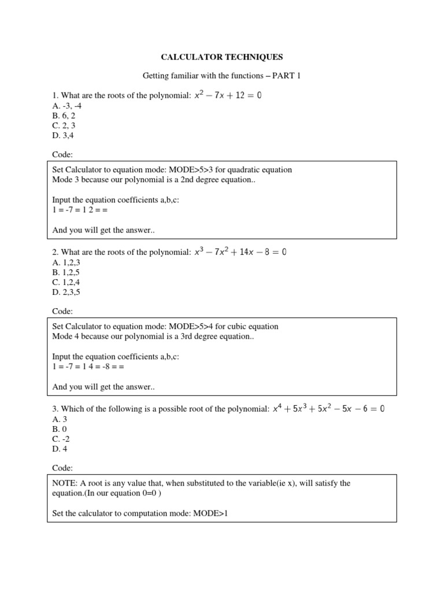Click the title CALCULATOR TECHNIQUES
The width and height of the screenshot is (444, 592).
pyautogui.click(x=222, y=57)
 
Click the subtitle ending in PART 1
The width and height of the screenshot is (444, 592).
pyautogui.click(x=222, y=76)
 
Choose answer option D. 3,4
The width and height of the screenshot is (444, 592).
pyautogui.click(x=63, y=135)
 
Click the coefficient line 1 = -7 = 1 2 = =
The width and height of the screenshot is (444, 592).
pyautogui.click(x=80, y=210)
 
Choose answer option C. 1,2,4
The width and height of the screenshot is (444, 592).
pyautogui.click(x=65, y=282)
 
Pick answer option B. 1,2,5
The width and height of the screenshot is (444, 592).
pyautogui.click(x=65, y=272)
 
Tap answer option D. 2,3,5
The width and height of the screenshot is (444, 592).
pyautogui.click(x=65, y=292)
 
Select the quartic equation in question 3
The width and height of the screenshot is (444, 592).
pyautogui.click(x=329, y=409)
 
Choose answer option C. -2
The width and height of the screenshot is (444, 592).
pyautogui.click(x=61, y=439)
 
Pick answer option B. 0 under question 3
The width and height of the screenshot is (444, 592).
pyautogui.click(x=59, y=429)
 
